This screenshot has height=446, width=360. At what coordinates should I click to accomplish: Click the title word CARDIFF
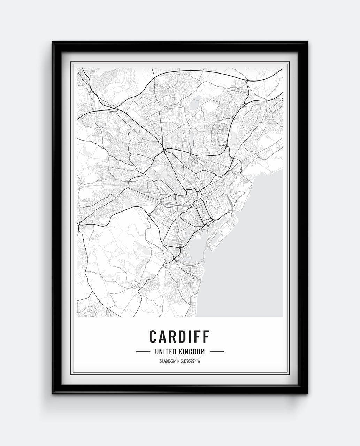click(179, 336)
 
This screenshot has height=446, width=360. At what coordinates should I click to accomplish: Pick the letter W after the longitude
click(199, 361)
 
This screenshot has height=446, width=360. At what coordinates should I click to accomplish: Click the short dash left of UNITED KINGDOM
click(143, 352)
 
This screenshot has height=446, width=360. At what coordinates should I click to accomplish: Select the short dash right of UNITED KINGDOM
click(217, 352)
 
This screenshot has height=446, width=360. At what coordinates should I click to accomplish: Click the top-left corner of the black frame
click(53, 43)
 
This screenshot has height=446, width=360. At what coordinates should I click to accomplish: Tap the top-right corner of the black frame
click(307, 43)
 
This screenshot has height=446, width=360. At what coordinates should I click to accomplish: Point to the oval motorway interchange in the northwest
click(113, 109)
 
